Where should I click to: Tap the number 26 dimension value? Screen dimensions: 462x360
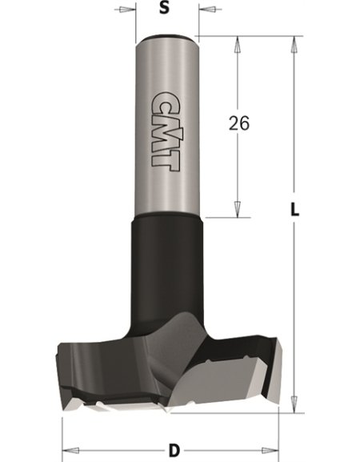(240, 124)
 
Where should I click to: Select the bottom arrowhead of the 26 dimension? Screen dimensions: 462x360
(238, 209)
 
